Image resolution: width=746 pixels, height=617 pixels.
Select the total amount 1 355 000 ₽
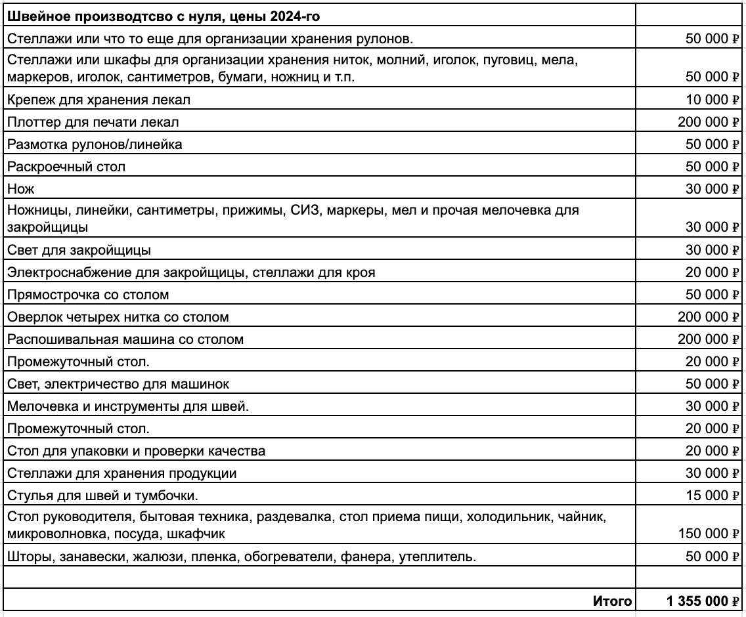702,601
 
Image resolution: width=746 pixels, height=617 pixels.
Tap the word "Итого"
612,601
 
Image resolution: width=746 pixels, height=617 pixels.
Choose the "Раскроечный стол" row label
66,167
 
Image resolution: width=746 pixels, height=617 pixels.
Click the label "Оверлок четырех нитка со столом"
118,317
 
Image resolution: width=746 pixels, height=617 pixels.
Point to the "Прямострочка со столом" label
88,294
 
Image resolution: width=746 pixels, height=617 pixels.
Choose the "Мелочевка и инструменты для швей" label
128,406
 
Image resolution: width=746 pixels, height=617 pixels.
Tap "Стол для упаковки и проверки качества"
136,451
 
